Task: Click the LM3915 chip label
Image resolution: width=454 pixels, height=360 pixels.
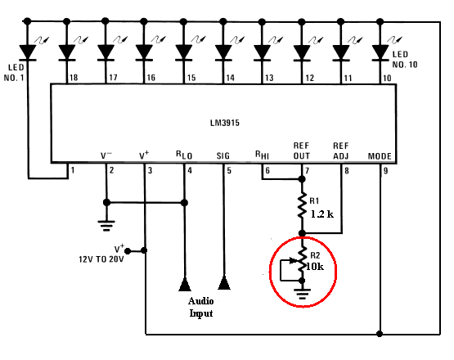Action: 225,123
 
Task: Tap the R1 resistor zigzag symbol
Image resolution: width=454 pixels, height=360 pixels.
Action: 302,205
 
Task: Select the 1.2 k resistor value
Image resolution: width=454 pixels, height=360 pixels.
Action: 322,214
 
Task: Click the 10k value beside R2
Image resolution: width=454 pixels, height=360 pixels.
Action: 315,267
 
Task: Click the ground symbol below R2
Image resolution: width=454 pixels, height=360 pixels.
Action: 302,294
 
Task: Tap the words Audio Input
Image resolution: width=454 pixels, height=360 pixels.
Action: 201,307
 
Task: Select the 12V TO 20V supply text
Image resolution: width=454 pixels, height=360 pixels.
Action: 101,259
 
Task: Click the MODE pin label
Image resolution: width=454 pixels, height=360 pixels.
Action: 380,156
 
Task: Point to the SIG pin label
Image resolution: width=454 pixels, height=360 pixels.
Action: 223,156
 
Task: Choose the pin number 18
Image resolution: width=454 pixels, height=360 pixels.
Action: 74,78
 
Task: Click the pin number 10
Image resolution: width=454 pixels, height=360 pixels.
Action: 387,78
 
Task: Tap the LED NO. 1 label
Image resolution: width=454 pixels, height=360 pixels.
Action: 14,73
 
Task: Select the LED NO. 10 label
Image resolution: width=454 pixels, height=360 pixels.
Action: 405,60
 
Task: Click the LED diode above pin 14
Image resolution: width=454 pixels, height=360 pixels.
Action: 223,52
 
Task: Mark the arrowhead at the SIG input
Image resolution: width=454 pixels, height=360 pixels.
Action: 224,282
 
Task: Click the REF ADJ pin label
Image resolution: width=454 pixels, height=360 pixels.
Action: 341,151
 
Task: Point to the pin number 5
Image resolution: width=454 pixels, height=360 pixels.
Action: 229,170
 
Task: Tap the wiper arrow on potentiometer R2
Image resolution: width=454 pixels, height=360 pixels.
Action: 293,261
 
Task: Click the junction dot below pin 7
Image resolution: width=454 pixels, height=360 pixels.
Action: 302,179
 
